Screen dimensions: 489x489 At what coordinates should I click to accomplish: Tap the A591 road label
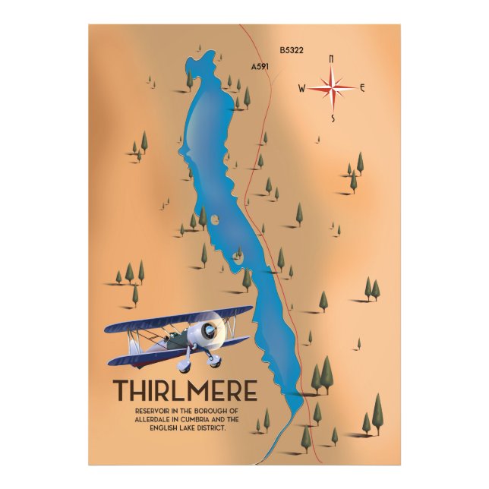pyautogui.click(x=260, y=67)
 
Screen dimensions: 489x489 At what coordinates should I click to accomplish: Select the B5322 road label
pyautogui.click(x=292, y=51)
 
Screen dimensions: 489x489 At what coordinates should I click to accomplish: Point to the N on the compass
pyautogui.click(x=331, y=58)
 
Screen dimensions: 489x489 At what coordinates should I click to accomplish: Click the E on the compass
pyautogui.click(x=362, y=88)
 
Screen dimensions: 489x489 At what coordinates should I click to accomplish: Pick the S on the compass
pyautogui.click(x=332, y=118)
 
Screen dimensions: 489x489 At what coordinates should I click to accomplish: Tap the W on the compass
pyautogui.click(x=301, y=89)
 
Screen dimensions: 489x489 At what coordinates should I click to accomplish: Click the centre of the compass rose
pyautogui.click(x=332, y=88)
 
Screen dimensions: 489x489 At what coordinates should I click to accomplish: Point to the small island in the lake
pyautogui.click(x=215, y=220)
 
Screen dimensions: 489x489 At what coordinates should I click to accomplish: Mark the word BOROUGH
pyautogui.click(x=214, y=411)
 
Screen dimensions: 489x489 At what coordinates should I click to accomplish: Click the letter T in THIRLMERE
pyautogui.click(x=122, y=390)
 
